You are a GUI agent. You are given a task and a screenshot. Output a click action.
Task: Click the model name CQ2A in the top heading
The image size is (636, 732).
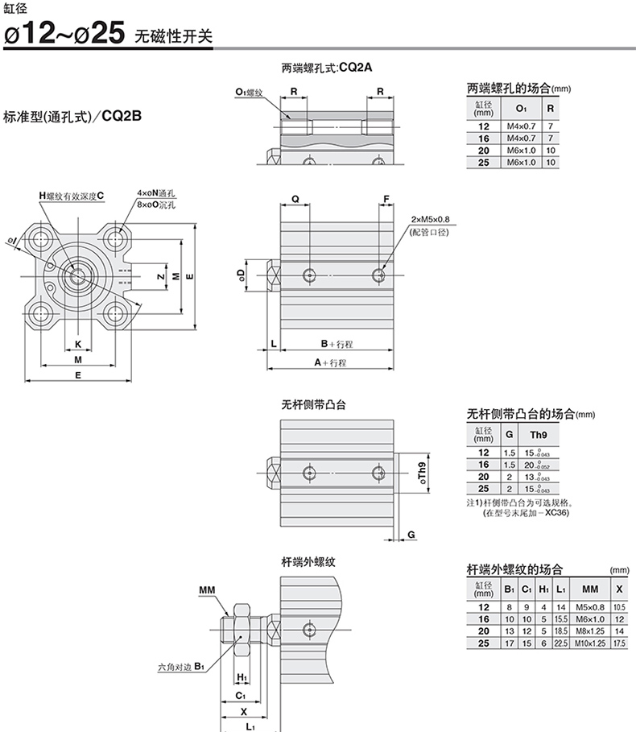click(x=356, y=68)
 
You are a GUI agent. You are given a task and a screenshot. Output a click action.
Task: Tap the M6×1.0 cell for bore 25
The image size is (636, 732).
click(x=521, y=162)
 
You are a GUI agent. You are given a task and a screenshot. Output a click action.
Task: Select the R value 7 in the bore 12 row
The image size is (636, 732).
click(x=551, y=126)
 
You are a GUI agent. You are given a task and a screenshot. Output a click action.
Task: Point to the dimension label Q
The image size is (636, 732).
click(x=295, y=198)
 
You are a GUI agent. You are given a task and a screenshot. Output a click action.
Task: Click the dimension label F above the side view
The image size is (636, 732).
click(x=386, y=198)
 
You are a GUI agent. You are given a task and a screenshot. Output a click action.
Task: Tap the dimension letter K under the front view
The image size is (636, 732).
click(x=78, y=345)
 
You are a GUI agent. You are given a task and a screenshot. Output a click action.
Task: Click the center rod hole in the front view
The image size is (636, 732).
click(x=78, y=275)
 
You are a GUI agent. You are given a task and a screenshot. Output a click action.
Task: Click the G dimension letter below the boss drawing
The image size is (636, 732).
click(x=411, y=534)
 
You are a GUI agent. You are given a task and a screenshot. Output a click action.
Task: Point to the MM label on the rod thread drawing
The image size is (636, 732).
click(x=207, y=590)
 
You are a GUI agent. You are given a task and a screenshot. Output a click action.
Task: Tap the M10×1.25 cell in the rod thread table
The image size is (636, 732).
click(x=590, y=643)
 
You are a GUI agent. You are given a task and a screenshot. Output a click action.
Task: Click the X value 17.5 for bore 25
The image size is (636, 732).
click(x=619, y=643)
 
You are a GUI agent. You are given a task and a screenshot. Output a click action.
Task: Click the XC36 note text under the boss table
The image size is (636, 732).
click(x=556, y=512)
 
